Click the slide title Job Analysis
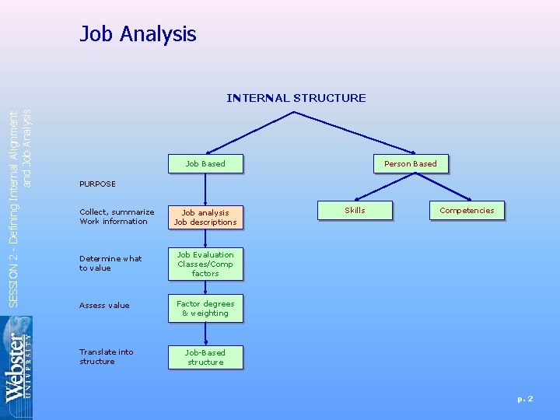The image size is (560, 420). pos(138,34)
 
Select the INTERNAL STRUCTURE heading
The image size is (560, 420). pos(296,98)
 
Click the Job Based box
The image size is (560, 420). pos(205,163)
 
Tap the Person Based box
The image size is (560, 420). pos(410,163)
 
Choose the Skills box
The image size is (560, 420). pos(355,210)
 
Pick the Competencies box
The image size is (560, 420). pos(467,210)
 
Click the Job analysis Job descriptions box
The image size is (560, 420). pos(205,217)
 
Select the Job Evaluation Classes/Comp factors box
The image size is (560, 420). pos(205,264)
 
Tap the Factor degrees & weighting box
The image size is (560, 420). pos(205,308)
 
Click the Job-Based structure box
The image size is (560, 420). pos(205,357)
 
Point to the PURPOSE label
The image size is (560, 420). pos(97,184)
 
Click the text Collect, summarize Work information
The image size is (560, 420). pos(117,217)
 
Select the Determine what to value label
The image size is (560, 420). pos(110,264)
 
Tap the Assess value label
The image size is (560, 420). pos(104,306)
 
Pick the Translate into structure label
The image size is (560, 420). pos(106,357)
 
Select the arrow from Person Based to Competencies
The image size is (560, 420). pos(439,185)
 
